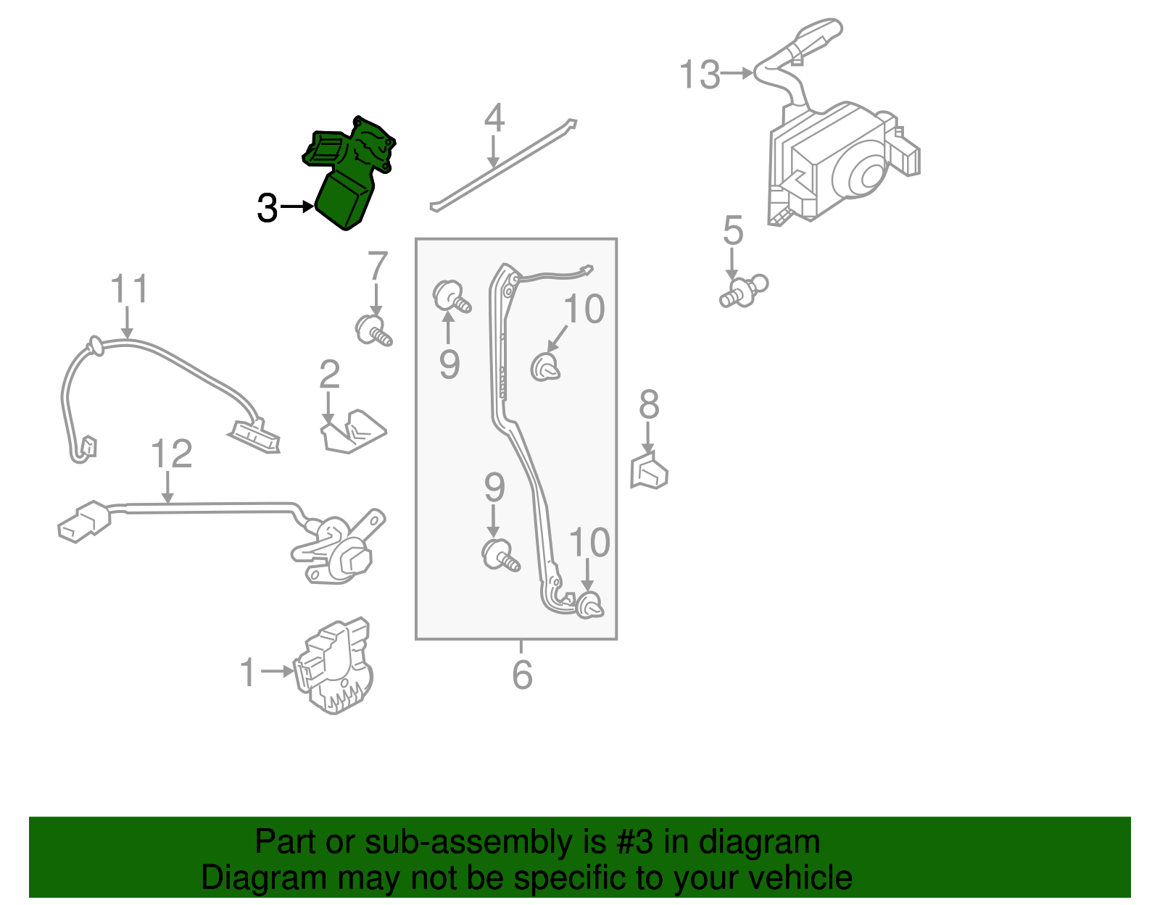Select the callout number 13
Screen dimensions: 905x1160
[699, 75]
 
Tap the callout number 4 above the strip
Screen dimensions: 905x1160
[494, 118]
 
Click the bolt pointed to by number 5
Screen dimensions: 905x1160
[742, 290]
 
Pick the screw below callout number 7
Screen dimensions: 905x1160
[373, 331]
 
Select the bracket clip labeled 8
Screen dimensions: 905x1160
[649, 471]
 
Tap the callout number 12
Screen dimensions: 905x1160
[171, 454]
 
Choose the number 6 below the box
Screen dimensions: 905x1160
[522, 675]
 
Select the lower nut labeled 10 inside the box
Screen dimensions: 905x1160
[589, 605]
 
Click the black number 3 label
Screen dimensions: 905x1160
[267, 209]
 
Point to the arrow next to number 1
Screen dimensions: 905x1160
[277, 672]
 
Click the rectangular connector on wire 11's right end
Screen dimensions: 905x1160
[254, 435]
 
